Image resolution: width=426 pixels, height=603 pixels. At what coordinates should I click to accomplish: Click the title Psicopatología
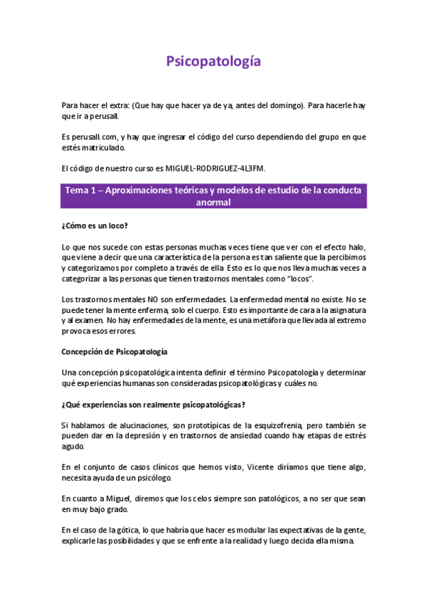pyautogui.click(x=213, y=62)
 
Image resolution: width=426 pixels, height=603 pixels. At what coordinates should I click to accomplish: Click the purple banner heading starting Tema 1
pyautogui.click(x=213, y=196)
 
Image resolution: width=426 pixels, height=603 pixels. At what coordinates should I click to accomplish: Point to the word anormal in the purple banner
pyautogui.click(x=213, y=202)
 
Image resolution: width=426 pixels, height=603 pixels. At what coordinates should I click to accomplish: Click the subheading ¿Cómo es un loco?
pyautogui.click(x=95, y=225)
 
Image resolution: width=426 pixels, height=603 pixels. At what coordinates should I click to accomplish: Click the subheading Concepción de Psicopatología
pyautogui.click(x=115, y=352)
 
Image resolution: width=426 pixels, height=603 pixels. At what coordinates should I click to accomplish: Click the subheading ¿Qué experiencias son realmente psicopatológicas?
pyautogui.click(x=153, y=405)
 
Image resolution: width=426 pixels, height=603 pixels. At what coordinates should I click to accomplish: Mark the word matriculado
pyautogui.click(x=104, y=147)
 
